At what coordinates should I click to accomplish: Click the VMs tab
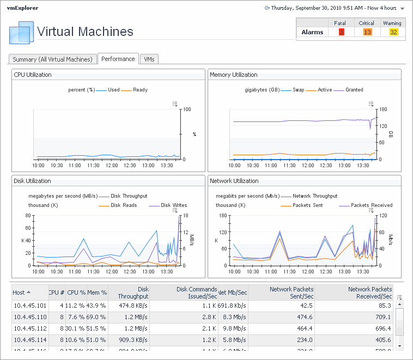(x=149, y=59)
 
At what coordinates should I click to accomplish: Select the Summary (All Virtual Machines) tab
(x=53, y=59)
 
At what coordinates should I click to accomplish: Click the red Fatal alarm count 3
(x=341, y=32)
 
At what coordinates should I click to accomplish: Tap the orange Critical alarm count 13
(x=367, y=32)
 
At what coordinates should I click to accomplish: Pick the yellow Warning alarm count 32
(x=393, y=32)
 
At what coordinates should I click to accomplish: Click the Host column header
(x=22, y=292)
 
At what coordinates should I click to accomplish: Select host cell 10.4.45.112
(x=30, y=328)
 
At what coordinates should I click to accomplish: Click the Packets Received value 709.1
(x=381, y=317)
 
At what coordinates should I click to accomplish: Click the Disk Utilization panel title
(x=32, y=181)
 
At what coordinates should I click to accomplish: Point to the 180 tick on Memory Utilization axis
(x=382, y=109)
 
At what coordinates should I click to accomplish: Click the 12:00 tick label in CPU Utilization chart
(x=112, y=165)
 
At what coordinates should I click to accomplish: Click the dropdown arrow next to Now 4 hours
(x=402, y=9)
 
